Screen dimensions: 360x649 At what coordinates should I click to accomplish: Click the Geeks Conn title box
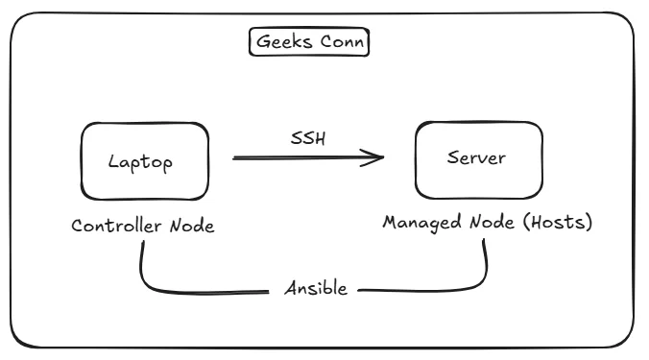pos(309,43)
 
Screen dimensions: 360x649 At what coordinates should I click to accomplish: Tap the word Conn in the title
pos(342,43)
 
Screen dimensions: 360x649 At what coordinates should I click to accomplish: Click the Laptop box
pos(141,160)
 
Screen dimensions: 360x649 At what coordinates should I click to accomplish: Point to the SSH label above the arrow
pos(308,137)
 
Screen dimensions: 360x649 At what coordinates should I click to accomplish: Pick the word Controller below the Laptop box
pos(116,227)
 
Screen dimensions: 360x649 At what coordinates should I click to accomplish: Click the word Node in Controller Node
pos(192,227)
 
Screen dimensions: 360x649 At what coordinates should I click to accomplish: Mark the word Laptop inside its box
pos(141,161)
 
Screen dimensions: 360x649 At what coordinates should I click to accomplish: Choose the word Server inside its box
pos(475,157)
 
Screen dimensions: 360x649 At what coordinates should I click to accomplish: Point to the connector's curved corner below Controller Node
pos(149,281)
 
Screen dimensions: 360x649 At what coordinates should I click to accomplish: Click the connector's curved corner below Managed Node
pos(477,279)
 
